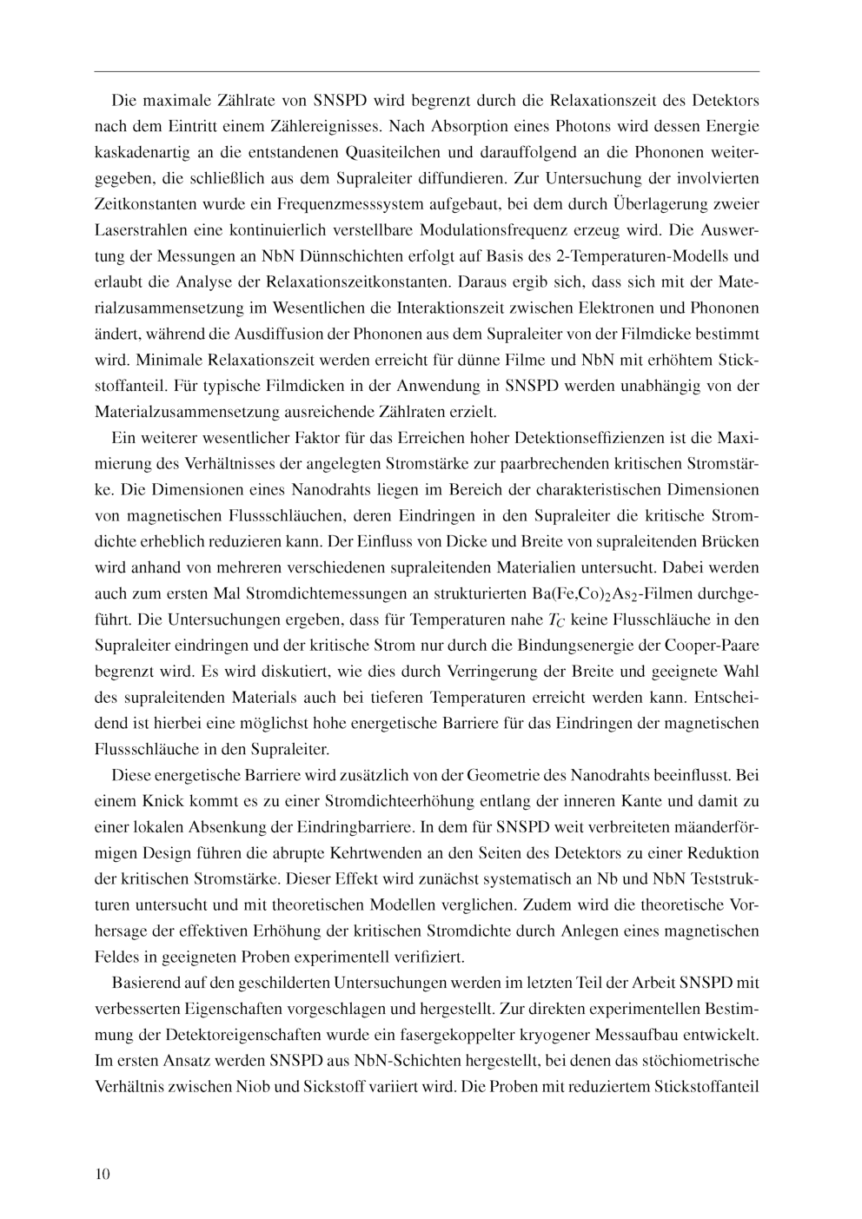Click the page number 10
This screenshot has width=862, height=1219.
[103, 1175]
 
